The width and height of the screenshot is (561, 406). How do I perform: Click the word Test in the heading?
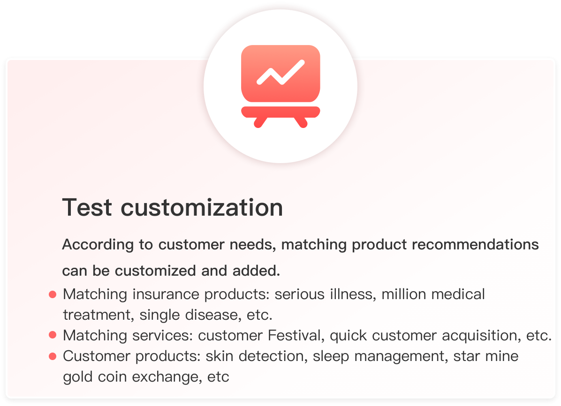[x=87, y=208]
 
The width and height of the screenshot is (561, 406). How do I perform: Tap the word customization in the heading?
[x=202, y=208]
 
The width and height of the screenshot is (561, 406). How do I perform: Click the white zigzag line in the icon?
[x=281, y=73]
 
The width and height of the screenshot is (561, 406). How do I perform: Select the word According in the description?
[x=98, y=245]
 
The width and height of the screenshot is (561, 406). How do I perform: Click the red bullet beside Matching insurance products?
[x=53, y=294]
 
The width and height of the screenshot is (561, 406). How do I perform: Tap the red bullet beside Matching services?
[x=53, y=335]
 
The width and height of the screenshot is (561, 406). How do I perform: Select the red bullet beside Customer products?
[x=53, y=356]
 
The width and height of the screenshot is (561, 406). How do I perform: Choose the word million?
[x=403, y=294]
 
